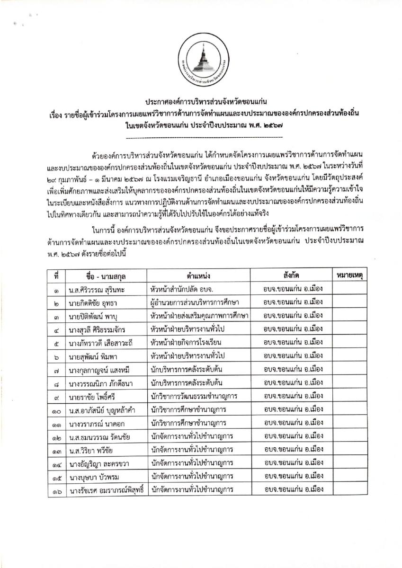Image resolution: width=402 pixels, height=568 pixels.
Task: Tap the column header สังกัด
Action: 292,275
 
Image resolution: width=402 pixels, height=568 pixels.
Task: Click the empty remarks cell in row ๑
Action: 352,288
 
